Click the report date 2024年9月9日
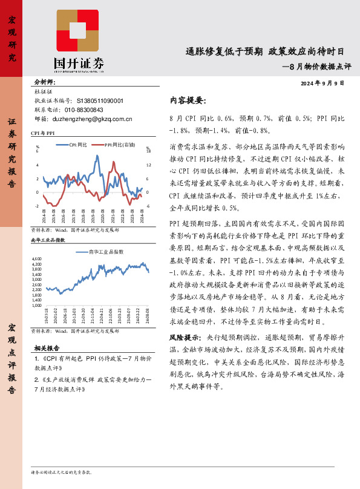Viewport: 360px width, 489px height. click(x=322, y=83)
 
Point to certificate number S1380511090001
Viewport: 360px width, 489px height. click(x=100, y=101)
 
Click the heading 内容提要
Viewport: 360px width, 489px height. click(x=188, y=100)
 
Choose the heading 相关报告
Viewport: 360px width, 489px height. click(x=47, y=348)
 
